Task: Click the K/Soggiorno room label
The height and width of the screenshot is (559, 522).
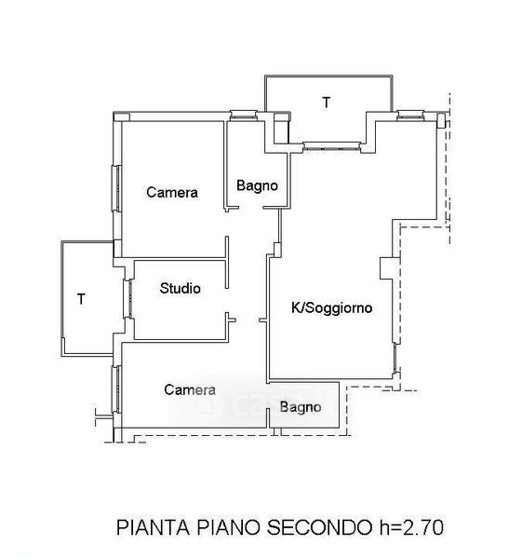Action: click(x=331, y=307)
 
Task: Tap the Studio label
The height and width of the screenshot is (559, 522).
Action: click(x=180, y=288)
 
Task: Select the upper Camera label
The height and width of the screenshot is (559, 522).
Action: click(x=172, y=193)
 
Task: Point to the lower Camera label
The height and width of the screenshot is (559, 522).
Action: click(x=190, y=389)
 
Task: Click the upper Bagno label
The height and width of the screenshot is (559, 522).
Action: click(x=257, y=185)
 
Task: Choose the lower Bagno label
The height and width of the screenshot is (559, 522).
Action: click(x=301, y=407)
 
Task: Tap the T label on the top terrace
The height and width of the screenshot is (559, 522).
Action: click(x=327, y=102)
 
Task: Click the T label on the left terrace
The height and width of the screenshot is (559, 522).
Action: click(x=81, y=299)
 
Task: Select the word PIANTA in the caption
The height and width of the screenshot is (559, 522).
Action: click(x=154, y=527)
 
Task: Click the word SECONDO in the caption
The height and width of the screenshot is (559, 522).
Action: click(x=319, y=527)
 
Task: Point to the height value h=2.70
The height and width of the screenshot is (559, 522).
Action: click(x=411, y=527)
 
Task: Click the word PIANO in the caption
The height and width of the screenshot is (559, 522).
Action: click(x=228, y=527)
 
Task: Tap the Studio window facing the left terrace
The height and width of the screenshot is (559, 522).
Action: click(x=127, y=299)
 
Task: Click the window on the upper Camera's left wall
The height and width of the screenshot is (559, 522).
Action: click(x=117, y=188)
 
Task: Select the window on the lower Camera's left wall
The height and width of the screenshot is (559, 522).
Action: click(x=117, y=389)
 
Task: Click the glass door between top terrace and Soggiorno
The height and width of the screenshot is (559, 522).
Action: click(x=332, y=146)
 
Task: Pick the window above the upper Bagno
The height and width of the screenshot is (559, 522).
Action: click(x=244, y=116)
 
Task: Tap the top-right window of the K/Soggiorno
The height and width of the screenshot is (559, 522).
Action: click(x=410, y=116)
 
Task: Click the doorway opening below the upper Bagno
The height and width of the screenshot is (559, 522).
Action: click(x=250, y=208)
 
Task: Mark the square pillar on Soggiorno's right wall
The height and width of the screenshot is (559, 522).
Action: click(x=386, y=268)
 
